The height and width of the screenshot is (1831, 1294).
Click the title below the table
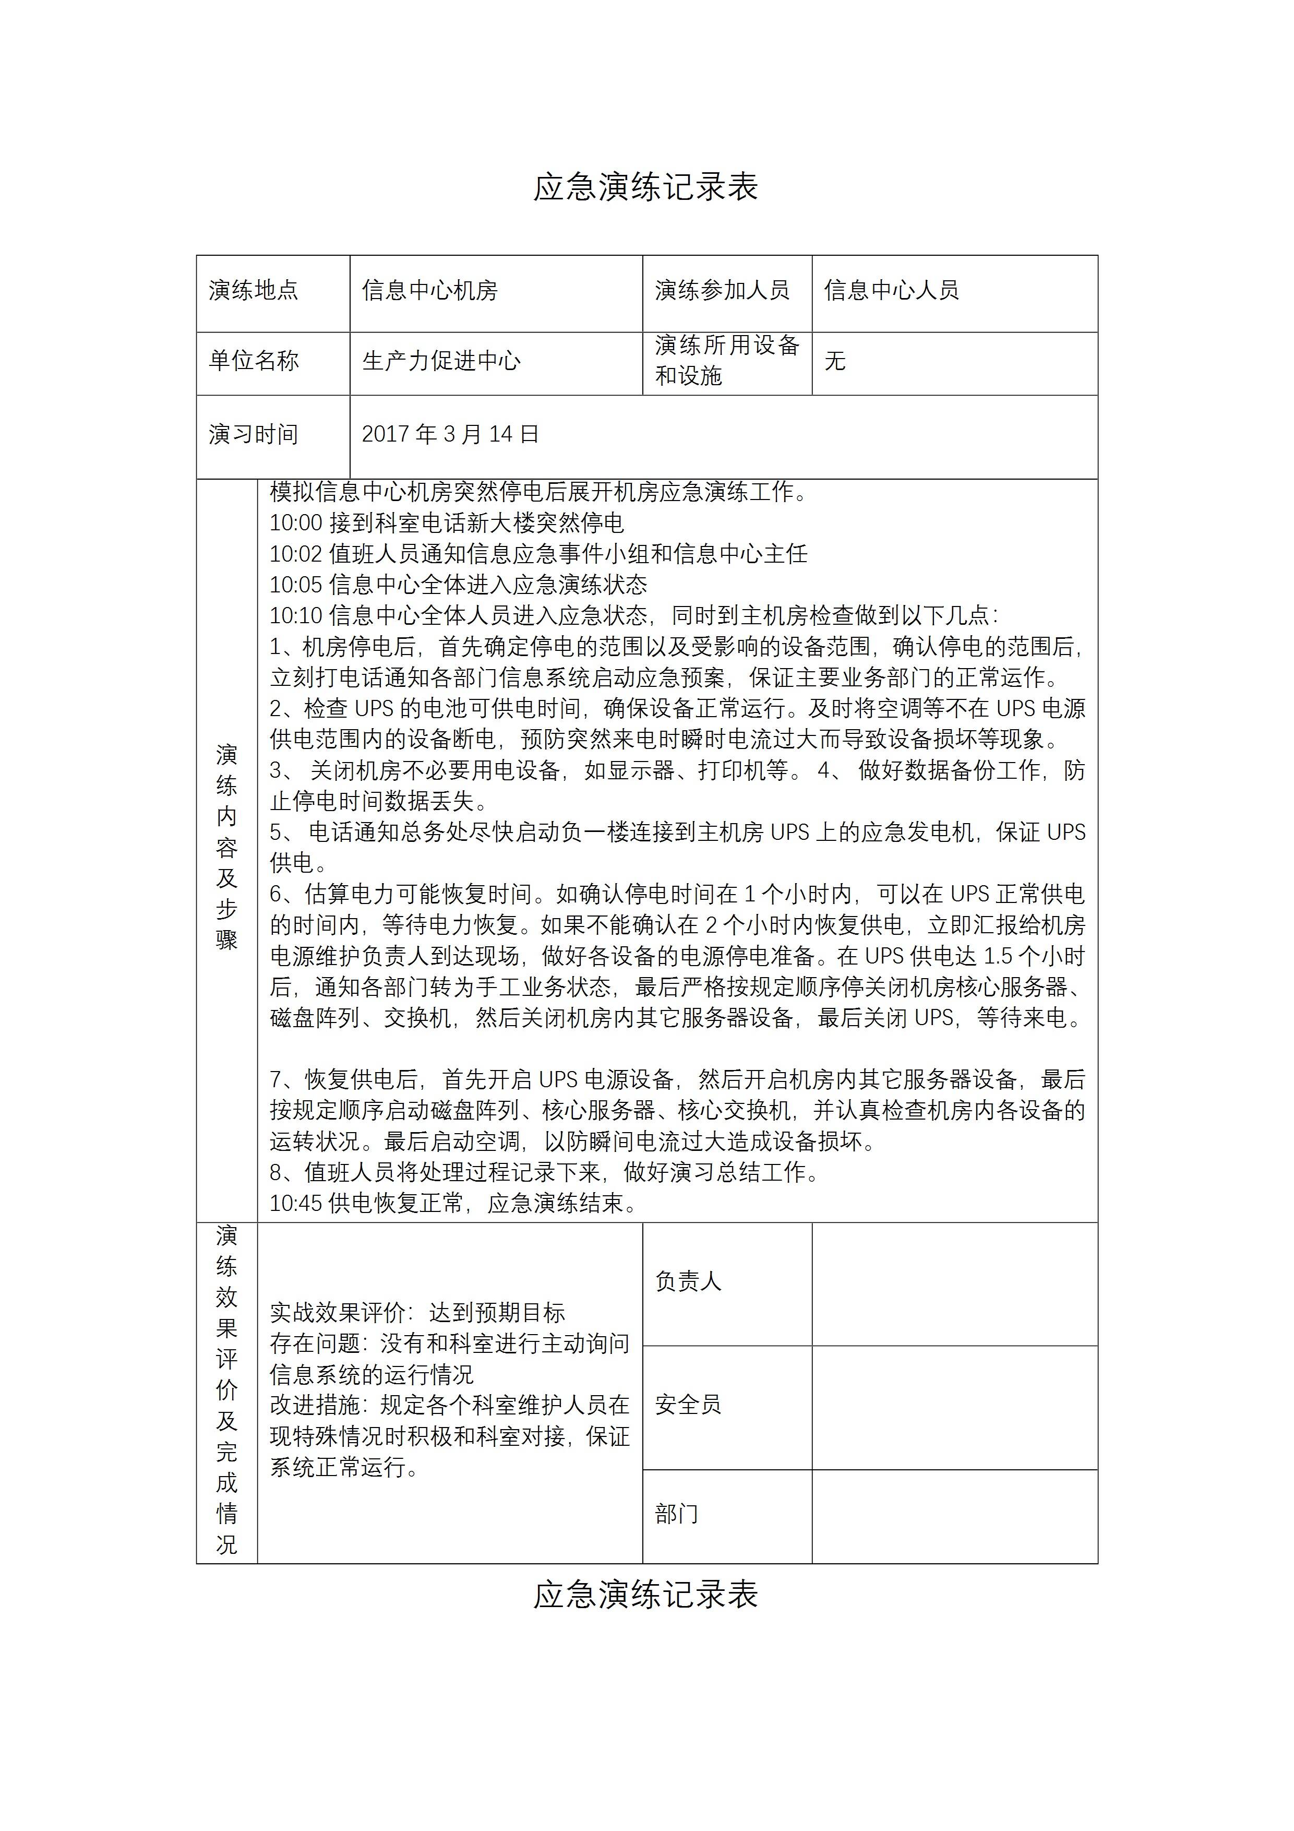[646, 1596]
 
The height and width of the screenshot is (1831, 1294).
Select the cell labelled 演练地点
[254, 290]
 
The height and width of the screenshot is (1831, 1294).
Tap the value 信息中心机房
[430, 290]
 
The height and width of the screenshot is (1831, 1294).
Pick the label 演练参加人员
[722, 290]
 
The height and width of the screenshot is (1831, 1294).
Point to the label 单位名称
[254, 361]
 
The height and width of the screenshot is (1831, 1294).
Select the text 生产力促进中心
[441, 361]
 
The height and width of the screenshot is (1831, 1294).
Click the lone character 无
[835, 361]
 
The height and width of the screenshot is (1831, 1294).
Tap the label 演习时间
[254, 435]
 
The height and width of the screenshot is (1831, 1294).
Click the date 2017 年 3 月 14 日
[450, 435]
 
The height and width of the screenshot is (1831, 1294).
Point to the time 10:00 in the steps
[296, 523]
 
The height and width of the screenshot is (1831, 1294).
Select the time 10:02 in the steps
[296, 554]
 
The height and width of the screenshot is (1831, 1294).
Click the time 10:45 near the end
[296, 1204]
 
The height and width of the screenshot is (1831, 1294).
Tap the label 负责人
[688, 1281]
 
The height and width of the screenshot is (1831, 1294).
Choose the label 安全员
[688, 1405]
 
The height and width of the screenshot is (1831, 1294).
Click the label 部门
[676, 1514]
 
